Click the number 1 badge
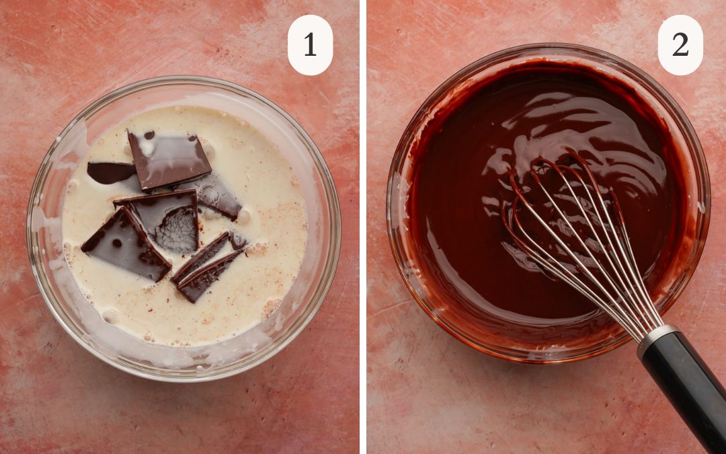coord(310,45)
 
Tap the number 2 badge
coord(680,45)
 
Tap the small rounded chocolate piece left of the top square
coord(110,172)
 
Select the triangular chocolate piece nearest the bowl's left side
coord(126,245)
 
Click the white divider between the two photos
coord(363,227)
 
